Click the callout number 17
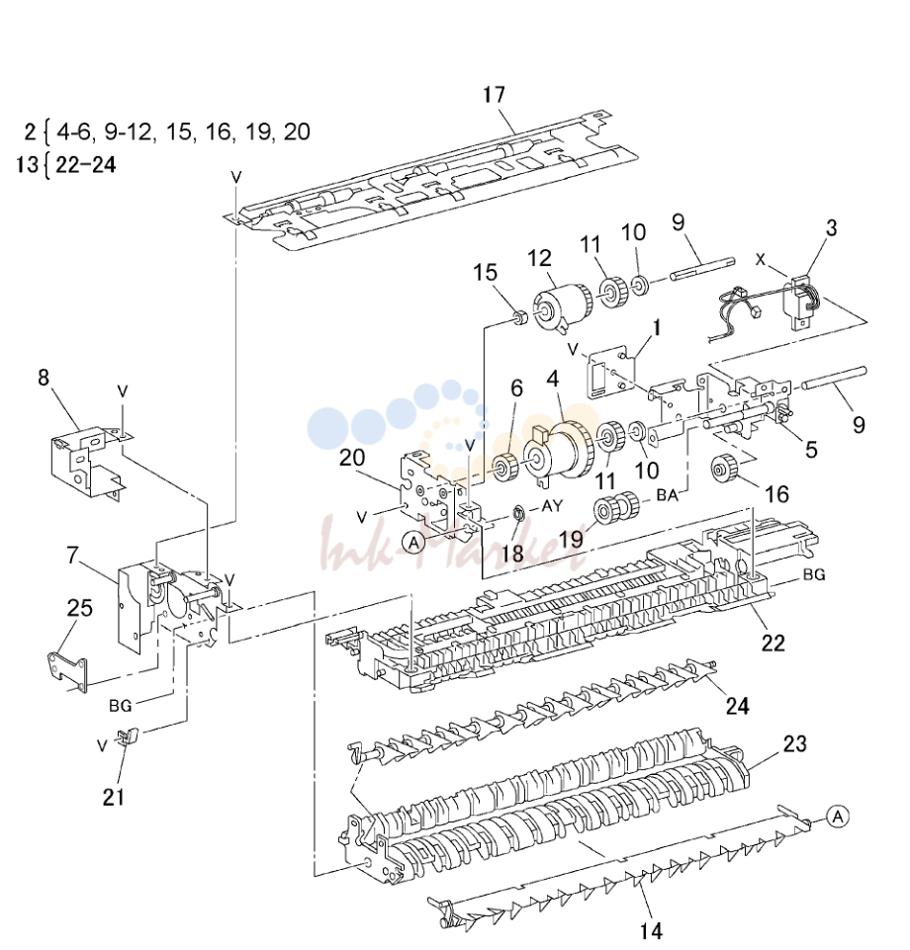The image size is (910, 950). (495, 95)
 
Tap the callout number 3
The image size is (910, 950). (831, 227)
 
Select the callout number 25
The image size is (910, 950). (80, 608)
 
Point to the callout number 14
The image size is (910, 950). (651, 930)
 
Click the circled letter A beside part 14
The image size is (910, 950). (837, 817)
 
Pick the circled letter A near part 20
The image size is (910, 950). (414, 543)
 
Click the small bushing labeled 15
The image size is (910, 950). (519, 317)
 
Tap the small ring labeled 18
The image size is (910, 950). (518, 514)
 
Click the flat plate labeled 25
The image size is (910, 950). (68, 669)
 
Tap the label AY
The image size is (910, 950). (552, 505)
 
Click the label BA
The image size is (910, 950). (668, 495)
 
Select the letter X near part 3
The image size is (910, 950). (761, 259)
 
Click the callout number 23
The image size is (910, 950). (795, 743)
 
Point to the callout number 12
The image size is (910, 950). (539, 258)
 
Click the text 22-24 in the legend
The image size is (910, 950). (85, 164)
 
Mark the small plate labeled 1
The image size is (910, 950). (610, 376)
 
